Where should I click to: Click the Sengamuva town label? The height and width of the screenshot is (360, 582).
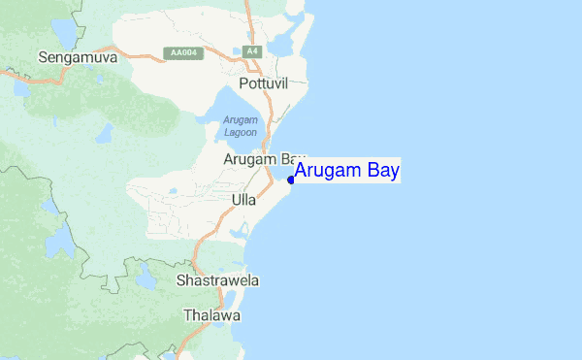[x=77, y=58]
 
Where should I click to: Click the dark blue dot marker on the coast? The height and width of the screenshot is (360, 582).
[x=291, y=180]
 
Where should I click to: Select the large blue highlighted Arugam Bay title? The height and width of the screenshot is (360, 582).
[x=347, y=172]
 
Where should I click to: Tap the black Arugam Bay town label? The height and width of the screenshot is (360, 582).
[x=264, y=158]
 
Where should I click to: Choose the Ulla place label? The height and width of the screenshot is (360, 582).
[x=244, y=200]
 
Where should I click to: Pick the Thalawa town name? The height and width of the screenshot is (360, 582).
[x=211, y=316]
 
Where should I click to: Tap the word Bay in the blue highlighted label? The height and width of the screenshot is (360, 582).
[x=383, y=172]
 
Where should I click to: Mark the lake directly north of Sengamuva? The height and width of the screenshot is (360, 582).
[x=66, y=32]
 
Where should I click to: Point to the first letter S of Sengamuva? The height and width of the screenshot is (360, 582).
[x=42, y=58]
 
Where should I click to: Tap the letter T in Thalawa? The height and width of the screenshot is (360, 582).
[x=187, y=316]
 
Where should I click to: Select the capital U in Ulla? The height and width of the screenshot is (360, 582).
[x=237, y=200]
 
